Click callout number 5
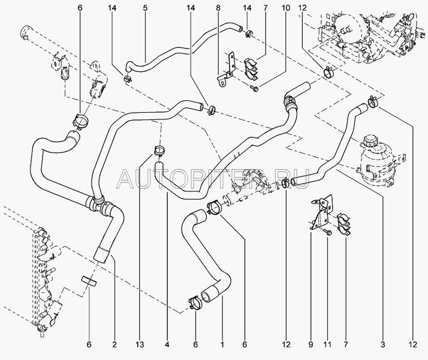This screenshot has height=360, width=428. coord(145,8)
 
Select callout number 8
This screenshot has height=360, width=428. coord(218,8)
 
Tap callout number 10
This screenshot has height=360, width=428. coord(269,8)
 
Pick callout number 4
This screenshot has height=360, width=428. coord(167,345)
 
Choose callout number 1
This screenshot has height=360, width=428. coord(222,345)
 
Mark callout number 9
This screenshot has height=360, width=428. coord(311,345)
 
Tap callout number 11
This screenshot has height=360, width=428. coord(328,345)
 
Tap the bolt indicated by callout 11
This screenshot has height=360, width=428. coord(328,231)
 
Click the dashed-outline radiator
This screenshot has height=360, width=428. coord(42,276)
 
